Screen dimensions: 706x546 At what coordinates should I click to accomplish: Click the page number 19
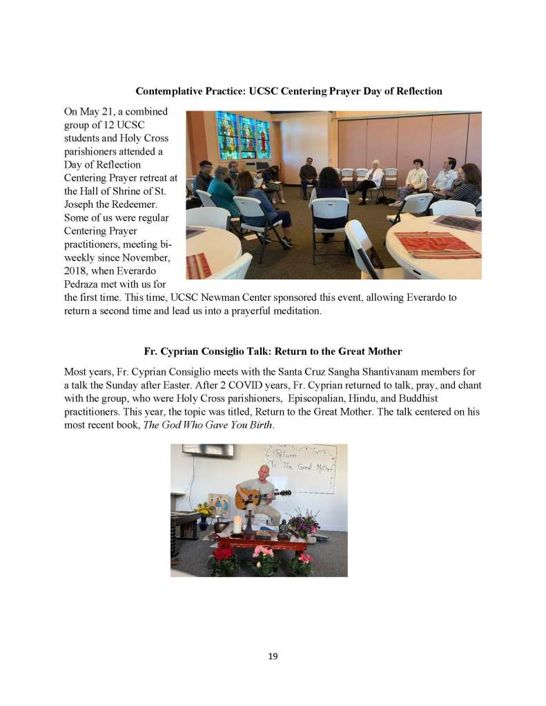[273, 656]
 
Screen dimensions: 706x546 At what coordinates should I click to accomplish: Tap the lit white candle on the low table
[237, 524]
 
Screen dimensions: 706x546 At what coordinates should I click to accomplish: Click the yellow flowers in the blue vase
[203, 509]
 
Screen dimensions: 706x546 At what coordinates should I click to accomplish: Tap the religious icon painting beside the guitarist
[218, 504]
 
